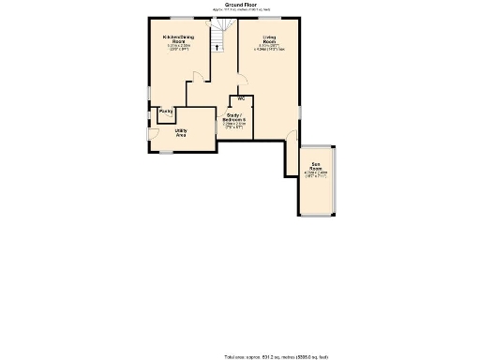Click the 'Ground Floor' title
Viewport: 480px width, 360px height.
tap(221, 5)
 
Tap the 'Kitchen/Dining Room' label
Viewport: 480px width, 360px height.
tap(177, 38)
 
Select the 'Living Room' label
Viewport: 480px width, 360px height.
tap(269, 38)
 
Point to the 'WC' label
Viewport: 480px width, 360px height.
tap(241, 98)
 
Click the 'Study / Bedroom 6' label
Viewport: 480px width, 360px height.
tap(233, 119)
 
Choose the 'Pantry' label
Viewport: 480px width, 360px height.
tap(166, 112)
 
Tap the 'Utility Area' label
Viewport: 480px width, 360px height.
tap(181, 133)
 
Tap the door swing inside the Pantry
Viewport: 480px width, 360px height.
tap(160, 116)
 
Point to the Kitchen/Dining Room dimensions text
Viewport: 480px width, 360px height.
tap(177, 47)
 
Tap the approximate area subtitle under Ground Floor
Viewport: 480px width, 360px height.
tap(221, 9)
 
